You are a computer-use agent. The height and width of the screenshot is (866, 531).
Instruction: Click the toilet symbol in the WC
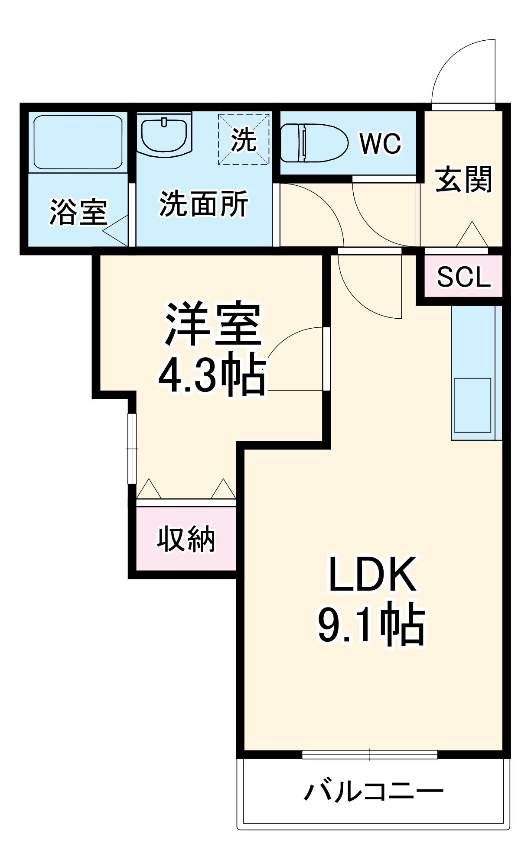click(314, 143)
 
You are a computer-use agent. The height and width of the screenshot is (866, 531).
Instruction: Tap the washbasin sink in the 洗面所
click(164, 136)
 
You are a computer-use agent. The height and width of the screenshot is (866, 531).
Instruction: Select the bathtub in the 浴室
click(78, 142)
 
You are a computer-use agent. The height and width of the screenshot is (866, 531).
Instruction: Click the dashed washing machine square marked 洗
click(244, 139)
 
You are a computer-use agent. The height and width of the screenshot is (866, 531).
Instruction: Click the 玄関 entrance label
click(463, 179)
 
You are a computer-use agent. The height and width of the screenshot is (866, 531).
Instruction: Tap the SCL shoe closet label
click(463, 277)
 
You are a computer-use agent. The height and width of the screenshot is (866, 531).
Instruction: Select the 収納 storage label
click(186, 539)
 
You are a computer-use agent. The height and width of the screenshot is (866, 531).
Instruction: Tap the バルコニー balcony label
click(373, 792)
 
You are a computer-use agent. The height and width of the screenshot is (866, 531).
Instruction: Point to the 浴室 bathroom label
click(78, 212)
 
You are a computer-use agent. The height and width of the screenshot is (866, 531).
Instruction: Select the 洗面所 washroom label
click(204, 204)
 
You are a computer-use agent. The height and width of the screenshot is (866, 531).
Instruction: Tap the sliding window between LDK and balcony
click(370, 755)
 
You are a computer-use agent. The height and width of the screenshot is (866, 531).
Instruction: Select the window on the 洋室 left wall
click(132, 448)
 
